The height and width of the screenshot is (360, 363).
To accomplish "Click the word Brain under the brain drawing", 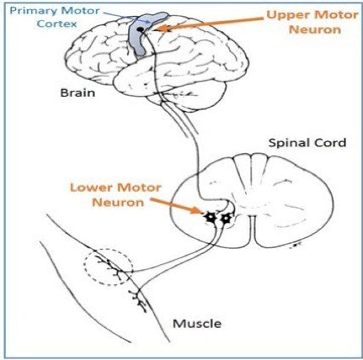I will pyautogui.click(x=77, y=93).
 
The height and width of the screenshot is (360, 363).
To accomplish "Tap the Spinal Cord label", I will pyautogui.click(x=307, y=143).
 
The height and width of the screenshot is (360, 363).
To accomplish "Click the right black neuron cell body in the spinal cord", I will pyautogui.click(x=226, y=218).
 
